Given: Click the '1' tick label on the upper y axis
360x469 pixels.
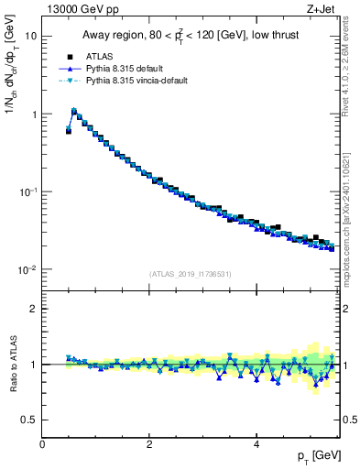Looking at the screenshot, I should (34, 115).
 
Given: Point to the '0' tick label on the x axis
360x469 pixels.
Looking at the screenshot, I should (42, 444).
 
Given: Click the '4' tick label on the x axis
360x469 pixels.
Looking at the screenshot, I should (256, 444).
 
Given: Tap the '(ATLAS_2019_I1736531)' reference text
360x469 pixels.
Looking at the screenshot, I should (191, 275).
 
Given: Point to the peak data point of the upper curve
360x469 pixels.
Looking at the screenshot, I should (74, 112).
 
